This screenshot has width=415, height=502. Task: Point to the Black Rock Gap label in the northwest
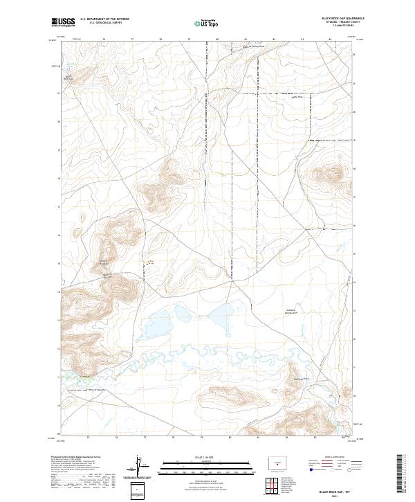(69, 76)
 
